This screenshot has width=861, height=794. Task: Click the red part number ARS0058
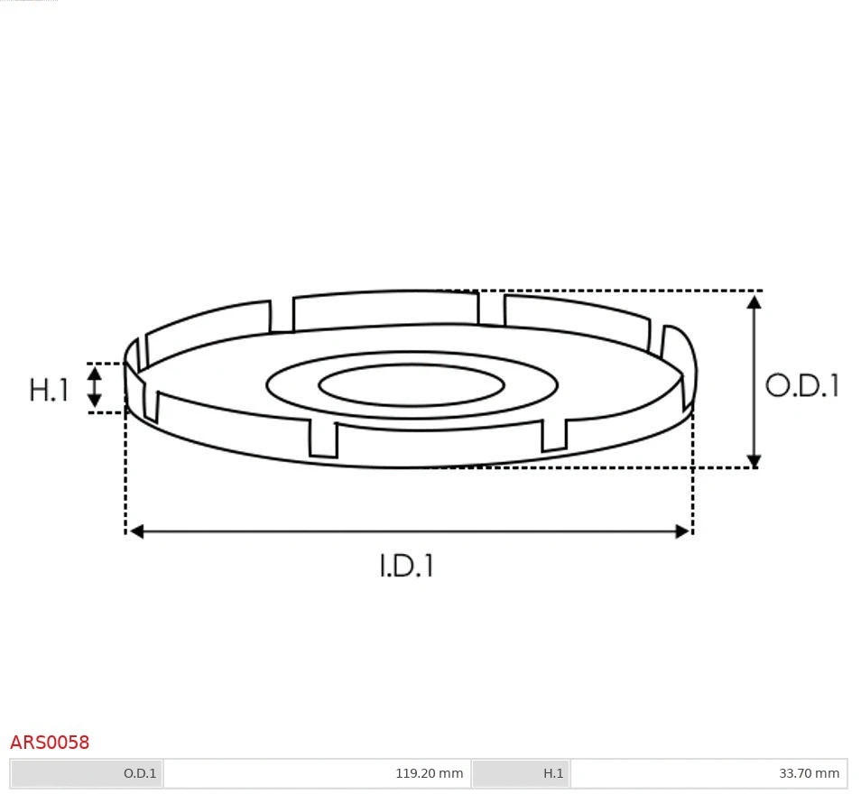point(50,743)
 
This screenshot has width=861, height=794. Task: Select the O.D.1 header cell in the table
point(88,773)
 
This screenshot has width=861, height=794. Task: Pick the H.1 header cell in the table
point(521,773)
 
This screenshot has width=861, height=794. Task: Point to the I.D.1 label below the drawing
point(406,566)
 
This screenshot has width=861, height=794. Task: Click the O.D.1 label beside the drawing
point(801,386)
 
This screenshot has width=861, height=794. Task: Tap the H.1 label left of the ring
point(49,390)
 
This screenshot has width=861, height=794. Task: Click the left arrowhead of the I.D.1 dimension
point(136,531)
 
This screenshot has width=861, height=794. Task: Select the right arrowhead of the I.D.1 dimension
point(682,531)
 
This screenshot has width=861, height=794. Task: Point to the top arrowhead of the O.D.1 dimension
point(755,301)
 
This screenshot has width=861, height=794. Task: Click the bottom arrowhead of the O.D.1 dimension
point(755,460)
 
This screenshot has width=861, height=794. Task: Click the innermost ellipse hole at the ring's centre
point(412,386)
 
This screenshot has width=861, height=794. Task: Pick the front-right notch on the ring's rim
point(554,434)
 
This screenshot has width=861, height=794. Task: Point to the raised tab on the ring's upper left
point(208,324)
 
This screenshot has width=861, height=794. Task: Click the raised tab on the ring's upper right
point(578,315)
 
